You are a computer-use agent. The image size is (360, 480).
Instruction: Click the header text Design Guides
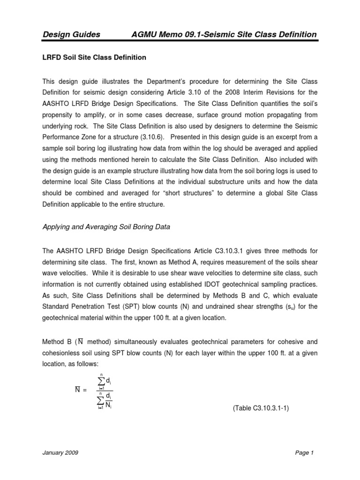71,34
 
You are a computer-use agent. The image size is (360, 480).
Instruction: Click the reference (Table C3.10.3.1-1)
261,408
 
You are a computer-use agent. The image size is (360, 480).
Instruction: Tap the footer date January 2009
60,453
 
